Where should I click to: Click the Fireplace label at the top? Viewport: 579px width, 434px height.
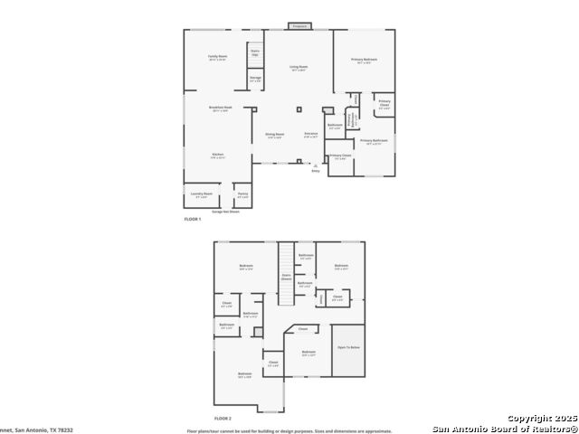pyautogui.click(x=299, y=26)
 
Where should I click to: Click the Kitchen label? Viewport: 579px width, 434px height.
pyautogui.click(x=218, y=156)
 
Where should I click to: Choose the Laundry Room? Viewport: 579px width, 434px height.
pyautogui.click(x=201, y=194)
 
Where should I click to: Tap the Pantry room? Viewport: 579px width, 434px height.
pyautogui.click(x=242, y=194)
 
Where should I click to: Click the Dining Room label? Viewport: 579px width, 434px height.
pyautogui.click(x=274, y=136)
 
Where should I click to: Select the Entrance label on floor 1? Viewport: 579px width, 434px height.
pyautogui.click(x=310, y=136)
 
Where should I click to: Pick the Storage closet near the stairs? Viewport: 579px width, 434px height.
pyautogui.click(x=256, y=80)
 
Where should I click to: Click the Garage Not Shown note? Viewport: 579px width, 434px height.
pyautogui.click(x=225, y=212)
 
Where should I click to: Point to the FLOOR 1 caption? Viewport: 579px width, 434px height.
pyautogui.click(x=193, y=220)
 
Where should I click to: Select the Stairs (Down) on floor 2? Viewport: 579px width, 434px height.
pyautogui.click(x=286, y=277)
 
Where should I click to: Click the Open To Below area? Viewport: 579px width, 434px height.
pyautogui.click(x=349, y=346)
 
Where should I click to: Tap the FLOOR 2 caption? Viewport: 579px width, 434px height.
pyautogui.click(x=223, y=419)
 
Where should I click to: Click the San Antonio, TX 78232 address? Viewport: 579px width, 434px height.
pyautogui.click(x=36, y=430)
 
